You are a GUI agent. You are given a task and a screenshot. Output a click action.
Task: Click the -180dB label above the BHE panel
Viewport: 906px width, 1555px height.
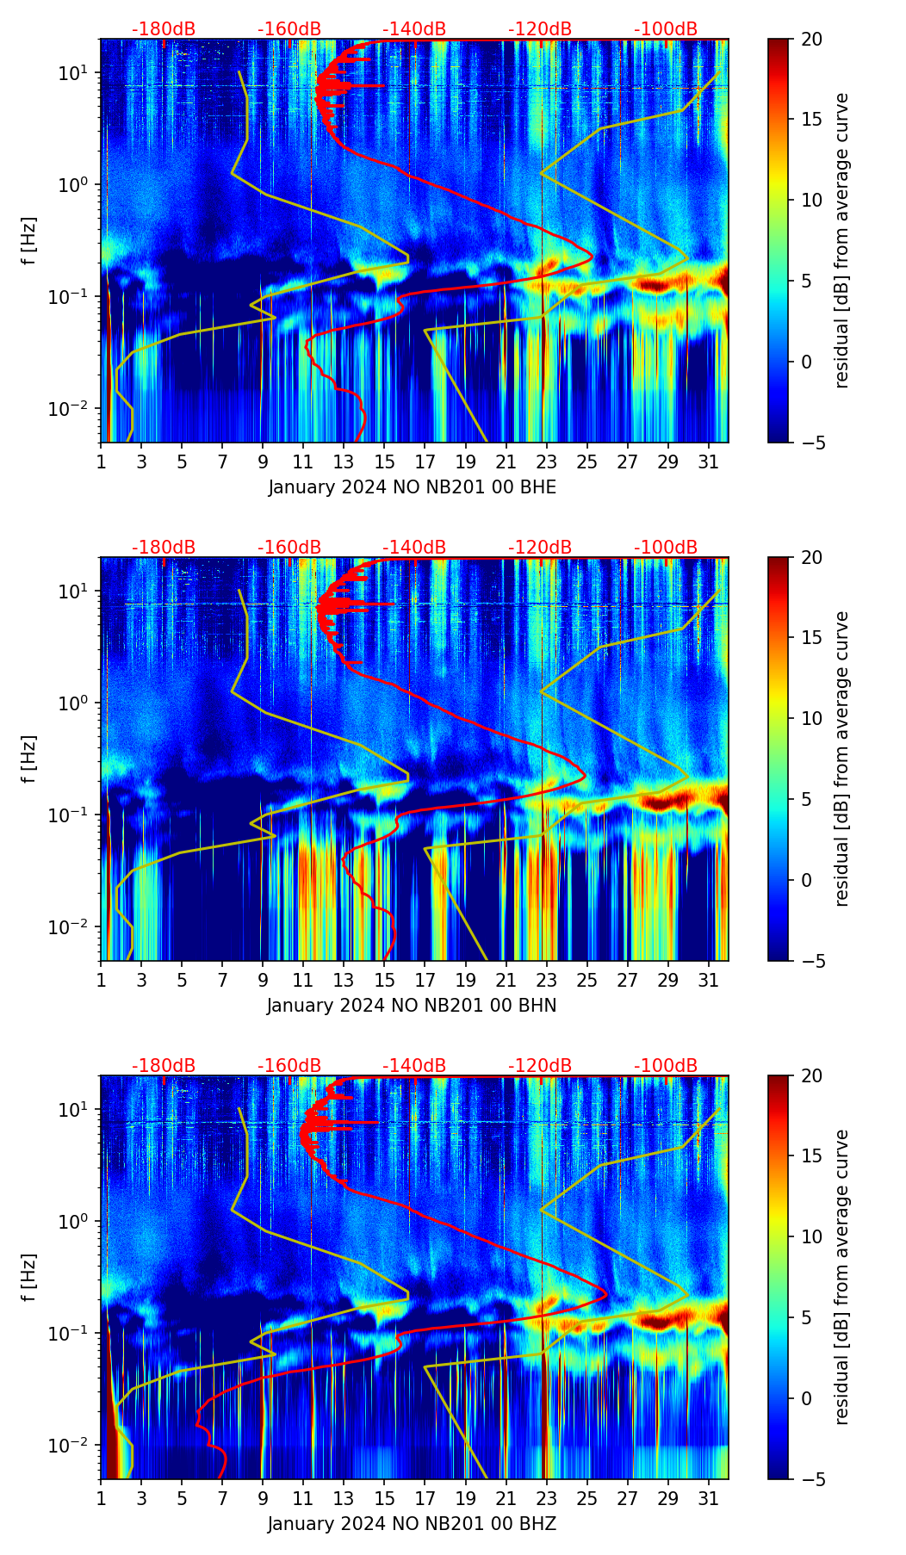[164, 29]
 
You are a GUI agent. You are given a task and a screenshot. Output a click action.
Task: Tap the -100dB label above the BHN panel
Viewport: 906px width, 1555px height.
[666, 548]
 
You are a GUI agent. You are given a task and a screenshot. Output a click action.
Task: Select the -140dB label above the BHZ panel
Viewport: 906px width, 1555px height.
[414, 1066]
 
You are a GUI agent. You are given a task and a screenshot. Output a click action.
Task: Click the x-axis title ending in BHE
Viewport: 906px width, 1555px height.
[412, 487]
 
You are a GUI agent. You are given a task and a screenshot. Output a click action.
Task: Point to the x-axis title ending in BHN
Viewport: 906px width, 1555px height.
[412, 1006]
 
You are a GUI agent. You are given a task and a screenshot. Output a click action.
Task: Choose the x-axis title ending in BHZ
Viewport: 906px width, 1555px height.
[412, 1524]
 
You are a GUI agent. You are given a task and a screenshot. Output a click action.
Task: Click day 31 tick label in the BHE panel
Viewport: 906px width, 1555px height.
[708, 462]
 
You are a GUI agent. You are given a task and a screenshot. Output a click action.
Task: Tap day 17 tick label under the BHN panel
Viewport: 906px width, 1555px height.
[425, 980]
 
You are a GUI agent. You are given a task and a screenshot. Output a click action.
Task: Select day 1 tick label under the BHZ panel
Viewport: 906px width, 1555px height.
[102, 1498]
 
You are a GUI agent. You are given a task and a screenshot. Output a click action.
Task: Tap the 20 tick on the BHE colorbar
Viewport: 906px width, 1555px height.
[811, 40]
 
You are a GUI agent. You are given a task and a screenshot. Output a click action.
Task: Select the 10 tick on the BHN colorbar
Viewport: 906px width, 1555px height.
[811, 718]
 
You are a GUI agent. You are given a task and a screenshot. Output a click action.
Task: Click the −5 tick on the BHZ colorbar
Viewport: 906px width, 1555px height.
[811, 1479]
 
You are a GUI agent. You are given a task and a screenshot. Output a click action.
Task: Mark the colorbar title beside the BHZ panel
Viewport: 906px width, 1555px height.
[841, 1277]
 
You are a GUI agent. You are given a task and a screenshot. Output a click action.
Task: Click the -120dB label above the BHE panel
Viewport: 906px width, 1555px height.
[540, 29]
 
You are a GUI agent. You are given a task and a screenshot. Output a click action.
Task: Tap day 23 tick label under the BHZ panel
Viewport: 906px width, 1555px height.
[547, 1498]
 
